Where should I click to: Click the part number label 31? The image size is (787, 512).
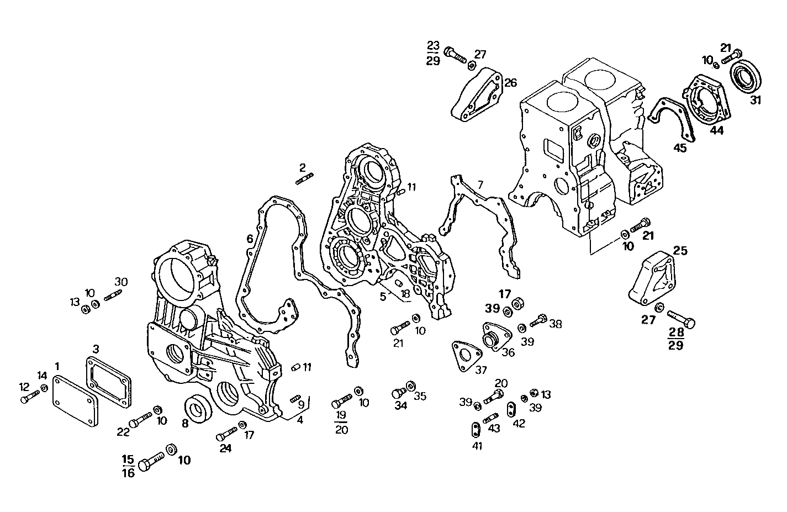[x=755, y=101]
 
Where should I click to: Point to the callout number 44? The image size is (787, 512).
[x=716, y=130]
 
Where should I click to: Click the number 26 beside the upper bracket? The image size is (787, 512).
[x=510, y=83]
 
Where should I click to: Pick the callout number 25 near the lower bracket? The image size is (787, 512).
[x=680, y=251]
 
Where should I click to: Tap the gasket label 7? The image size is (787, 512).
[x=480, y=184]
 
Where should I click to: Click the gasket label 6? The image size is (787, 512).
[x=250, y=239]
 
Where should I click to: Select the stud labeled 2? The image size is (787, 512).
[x=304, y=178]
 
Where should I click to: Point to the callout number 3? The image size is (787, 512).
[x=96, y=349]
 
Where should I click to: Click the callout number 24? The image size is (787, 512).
[x=225, y=448]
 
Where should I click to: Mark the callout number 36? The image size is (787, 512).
[x=508, y=352]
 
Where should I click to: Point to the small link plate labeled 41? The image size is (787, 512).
[x=474, y=430]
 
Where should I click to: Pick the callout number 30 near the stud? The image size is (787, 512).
[x=121, y=282]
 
